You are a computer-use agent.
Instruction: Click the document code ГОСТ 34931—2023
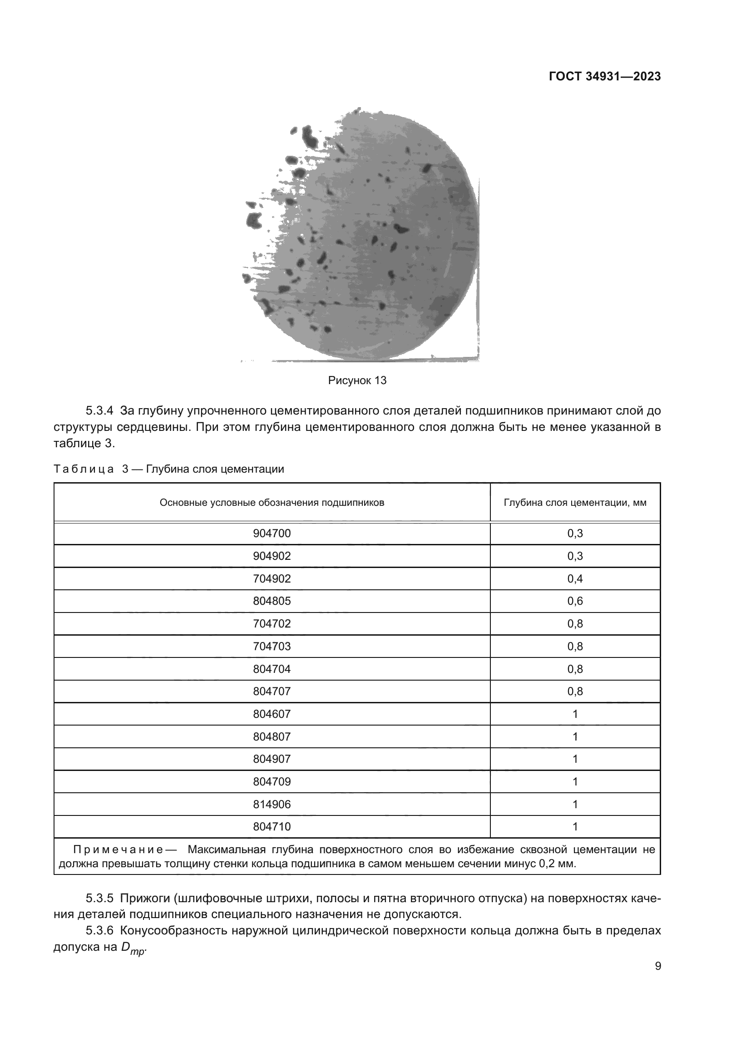pos(604,77)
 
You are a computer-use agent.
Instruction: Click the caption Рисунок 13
pos(357,380)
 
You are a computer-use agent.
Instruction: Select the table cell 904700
pos(272,533)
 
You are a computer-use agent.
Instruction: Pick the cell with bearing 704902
pos(272,578)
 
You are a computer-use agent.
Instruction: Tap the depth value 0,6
pos(575,601)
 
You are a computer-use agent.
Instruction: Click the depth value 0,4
pos(575,578)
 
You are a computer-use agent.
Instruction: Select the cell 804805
pos(272,601)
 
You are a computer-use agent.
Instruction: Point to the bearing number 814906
pos(272,805)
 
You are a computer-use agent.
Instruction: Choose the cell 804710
pos(272,826)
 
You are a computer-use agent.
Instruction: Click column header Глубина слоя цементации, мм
pos(575,502)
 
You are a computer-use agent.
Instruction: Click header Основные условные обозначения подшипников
pos(272,502)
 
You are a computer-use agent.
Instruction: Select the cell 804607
pos(272,714)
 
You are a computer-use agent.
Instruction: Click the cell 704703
pos(272,646)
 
